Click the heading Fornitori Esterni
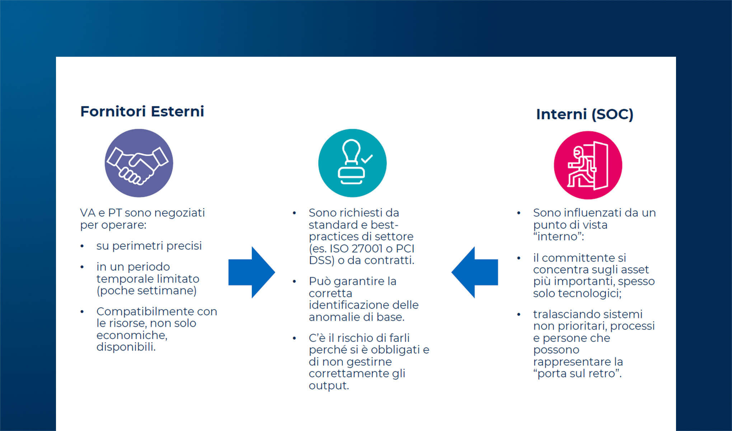click(x=142, y=111)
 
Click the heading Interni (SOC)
click(x=585, y=114)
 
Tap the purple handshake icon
click(x=139, y=163)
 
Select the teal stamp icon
click(x=352, y=163)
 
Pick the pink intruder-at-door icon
click(x=588, y=165)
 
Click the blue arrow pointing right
click(x=252, y=272)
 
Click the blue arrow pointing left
click(x=475, y=272)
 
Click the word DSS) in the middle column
click(x=322, y=260)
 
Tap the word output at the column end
click(x=328, y=386)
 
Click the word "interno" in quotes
click(x=558, y=237)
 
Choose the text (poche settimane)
click(x=146, y=291)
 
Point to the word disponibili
click(x=126, y=347)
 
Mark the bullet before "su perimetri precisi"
click(x=82, y=246)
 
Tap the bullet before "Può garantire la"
click(x=294, y=282)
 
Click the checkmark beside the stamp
click(x=367, y=158)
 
